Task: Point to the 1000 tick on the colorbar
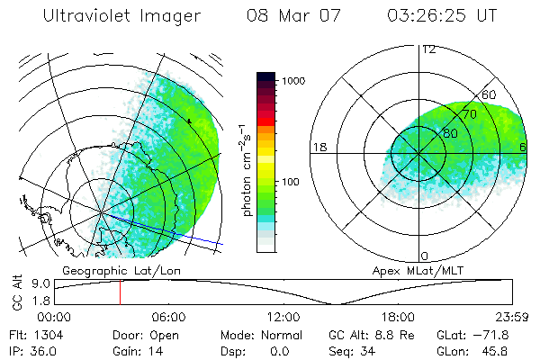(x=296, y=81)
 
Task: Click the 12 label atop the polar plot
(x=428, y=49)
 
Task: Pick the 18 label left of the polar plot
(x=319, y=147)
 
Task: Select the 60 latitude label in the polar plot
(x=490, y=94)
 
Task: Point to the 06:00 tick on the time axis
(x=168, y=317)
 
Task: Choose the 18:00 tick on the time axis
(x=398, y=317)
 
